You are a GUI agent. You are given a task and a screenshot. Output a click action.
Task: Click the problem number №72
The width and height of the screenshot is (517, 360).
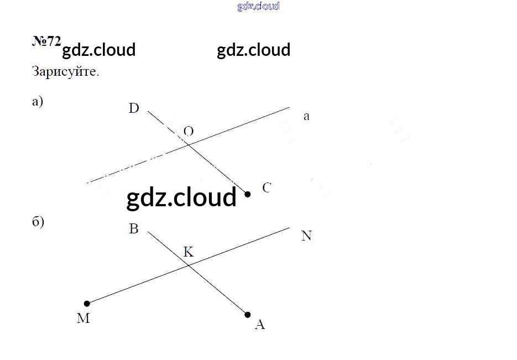coord(46,42)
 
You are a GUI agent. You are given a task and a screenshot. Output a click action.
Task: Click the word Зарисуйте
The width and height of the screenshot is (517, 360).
coord(66,72)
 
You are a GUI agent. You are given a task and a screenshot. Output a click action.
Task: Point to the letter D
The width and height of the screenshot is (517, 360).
coord(134,108)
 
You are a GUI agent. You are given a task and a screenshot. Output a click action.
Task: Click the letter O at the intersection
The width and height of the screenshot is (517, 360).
coord(189,131)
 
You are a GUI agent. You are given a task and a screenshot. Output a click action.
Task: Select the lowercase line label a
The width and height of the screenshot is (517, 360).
coord(306,117)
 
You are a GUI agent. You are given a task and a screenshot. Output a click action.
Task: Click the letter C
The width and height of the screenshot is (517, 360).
coord(267,188)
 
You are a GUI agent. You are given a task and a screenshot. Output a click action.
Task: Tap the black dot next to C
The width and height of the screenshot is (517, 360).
coord(248,194)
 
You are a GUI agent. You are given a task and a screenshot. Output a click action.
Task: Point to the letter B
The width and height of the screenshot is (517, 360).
coord(134,229)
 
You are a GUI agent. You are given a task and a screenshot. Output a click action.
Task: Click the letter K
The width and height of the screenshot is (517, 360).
coord(189,252)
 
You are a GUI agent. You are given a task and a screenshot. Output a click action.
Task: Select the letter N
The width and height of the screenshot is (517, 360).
coord(306,236)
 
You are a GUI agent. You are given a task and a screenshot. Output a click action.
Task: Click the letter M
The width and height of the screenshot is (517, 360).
coord(83,319)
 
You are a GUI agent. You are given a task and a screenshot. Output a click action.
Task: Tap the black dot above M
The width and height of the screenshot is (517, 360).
coord(87,304)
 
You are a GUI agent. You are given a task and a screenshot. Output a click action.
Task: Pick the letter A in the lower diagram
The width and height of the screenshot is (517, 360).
coord(260,325)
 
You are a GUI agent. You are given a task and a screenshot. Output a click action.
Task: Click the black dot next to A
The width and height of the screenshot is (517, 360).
coord(248,315)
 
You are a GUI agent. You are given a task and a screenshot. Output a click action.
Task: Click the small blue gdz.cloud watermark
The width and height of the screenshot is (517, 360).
coord(258,6)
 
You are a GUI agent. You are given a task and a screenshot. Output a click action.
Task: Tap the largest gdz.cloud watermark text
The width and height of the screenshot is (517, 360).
coord(181,197)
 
